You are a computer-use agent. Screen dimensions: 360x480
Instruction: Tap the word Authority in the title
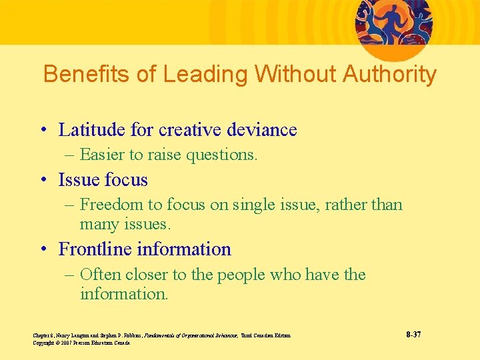(389, 74)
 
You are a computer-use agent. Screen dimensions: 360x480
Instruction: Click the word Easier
(101, 155)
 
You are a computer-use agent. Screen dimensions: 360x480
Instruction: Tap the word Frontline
(95, 249)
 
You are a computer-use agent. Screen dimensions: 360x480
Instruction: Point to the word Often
(100, 275)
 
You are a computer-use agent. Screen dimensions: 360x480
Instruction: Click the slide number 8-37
(413, 333)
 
